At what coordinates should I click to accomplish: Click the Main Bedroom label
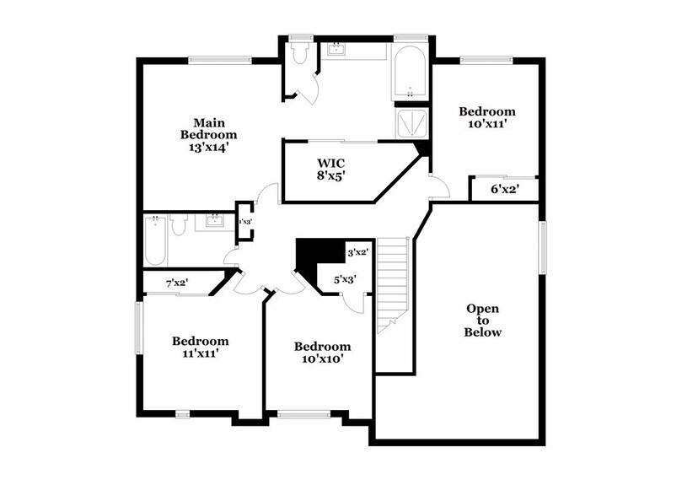(x=208, y=128)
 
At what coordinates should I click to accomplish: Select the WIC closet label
(x=331, y=162)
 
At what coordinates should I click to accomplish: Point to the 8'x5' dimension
(x=331, y=175)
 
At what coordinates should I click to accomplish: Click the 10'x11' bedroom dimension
(x=486, y=124)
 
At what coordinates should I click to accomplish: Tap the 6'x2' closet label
(x=503, y=190)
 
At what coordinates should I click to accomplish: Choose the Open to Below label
(x=482, y=321)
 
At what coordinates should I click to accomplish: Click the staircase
(x=393, y=283)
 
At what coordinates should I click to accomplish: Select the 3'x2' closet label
(x=358, y=251)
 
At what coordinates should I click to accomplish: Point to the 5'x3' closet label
(x=345, y=278)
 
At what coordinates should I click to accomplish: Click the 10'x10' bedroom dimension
(x=321, y=359)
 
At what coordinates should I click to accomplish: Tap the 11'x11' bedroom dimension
(x=201, y=353)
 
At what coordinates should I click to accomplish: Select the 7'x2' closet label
(x=176, y=283)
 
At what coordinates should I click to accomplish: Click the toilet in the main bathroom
(x=299, y=53)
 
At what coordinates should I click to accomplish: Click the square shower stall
(x=412, y=123)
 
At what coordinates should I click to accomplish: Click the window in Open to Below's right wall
(x=543, y=246)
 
